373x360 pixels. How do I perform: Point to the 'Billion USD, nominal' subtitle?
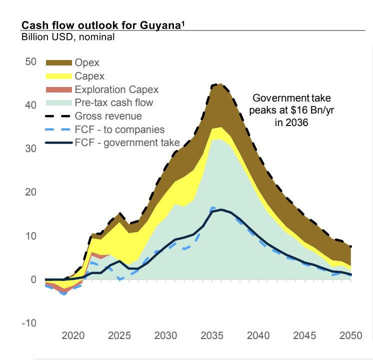coord(68,36)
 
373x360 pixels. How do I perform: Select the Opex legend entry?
coord(87,63)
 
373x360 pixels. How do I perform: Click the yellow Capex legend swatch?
coord(58,76)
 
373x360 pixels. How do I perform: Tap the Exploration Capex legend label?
coord(116,90)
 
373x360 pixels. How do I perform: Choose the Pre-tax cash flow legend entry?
coord(113,103)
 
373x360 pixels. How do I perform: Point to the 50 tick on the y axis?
coord(29,62)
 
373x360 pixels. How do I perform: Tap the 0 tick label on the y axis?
coord(33,279)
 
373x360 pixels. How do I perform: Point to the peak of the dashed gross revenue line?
coord(220,84)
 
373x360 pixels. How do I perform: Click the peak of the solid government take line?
coord(220,209)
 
